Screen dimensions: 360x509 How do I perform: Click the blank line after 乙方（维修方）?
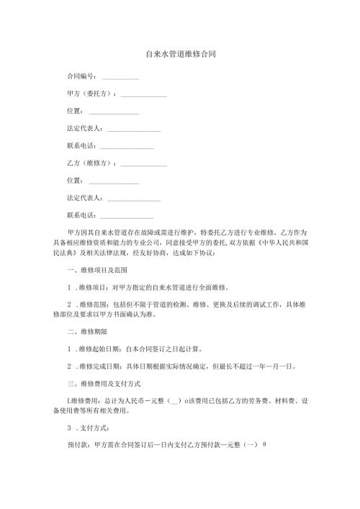pos(144,163)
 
